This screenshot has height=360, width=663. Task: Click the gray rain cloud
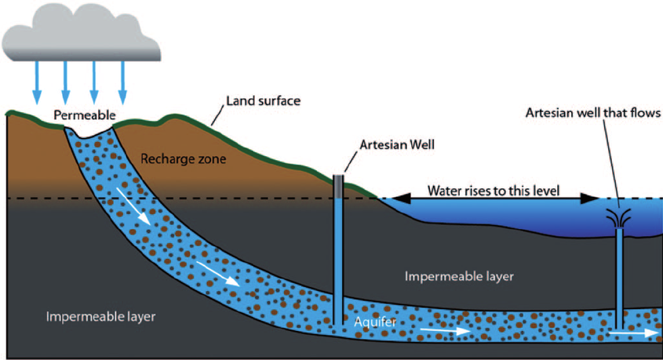pyautogui.click(x=82, y=31)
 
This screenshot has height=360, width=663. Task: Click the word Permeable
pyautogui.click(x=85, y=116)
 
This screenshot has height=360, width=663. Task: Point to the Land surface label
pyautogui.click(x=263, y=101)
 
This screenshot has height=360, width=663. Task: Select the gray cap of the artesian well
pyautogui.click(x=338, y=185)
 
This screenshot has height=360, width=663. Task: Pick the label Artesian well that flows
pyautogui.click(x=593, y=114)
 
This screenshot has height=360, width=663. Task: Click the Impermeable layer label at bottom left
pyautogui.click(x=100, y=317)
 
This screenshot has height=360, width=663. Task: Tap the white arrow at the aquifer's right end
pyautogui.click(x=632, y=332)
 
